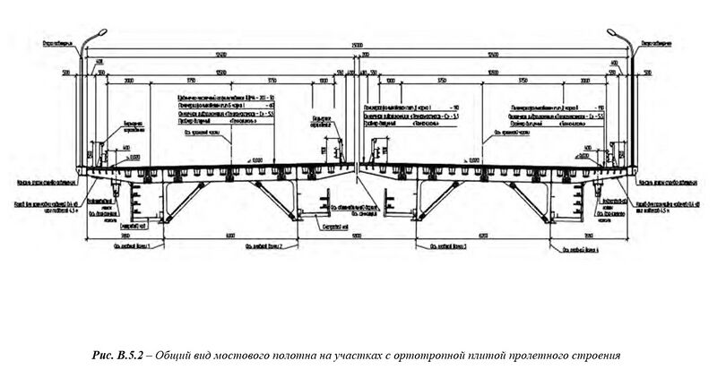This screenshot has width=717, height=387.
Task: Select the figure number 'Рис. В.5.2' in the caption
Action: (x=126, y=356)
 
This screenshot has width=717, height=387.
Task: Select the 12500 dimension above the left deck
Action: (x=220, y=56)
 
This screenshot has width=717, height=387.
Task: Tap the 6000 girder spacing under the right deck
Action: (x=484, y=235)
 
